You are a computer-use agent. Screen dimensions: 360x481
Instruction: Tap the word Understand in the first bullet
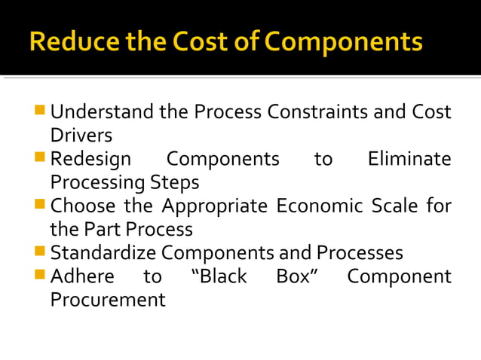102,113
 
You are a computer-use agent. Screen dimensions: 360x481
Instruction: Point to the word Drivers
81,136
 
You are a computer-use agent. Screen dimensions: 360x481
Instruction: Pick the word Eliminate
409,160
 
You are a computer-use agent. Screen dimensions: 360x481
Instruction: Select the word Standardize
104,253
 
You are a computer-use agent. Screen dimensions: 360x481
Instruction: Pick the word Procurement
108,300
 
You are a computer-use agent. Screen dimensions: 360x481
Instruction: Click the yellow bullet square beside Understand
41,112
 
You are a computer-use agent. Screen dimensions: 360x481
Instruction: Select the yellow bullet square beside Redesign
41,158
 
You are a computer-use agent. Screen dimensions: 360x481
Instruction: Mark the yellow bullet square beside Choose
41,205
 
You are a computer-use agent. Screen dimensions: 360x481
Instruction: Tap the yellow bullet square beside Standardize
41,252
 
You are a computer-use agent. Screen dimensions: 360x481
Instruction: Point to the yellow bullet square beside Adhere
41,275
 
